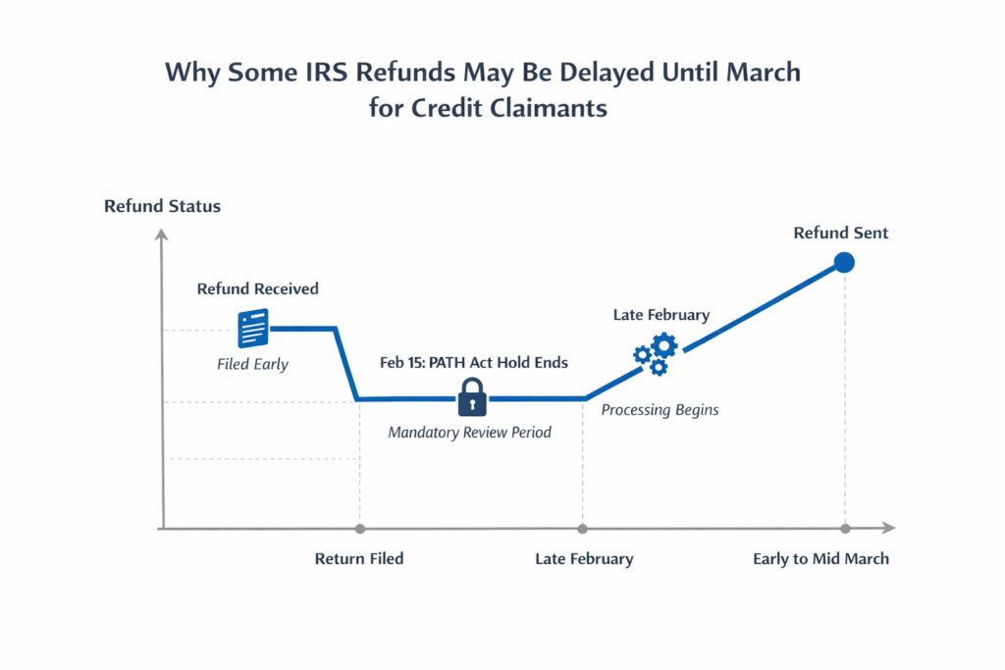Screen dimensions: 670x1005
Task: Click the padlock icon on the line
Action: coord(472,397)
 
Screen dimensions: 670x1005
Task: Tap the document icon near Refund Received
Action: coord(253,328)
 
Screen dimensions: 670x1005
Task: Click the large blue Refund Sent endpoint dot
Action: coord(843,262)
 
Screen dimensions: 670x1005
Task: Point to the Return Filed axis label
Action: coord(359,559)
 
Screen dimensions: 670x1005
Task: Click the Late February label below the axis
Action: coord(584,559)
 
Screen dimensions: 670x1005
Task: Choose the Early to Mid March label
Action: coord(820,559)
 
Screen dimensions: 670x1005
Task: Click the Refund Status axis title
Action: coord(162,206)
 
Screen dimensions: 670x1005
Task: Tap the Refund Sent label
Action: coord(841,233)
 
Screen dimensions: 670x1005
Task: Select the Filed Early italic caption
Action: coord(252,364)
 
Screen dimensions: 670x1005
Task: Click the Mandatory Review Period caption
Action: coord(470,432)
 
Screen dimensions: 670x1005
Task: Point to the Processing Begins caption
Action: coord(660,410)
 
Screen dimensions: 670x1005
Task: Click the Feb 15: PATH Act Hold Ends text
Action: coord(474,362)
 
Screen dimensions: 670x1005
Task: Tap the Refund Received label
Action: coord(257,288)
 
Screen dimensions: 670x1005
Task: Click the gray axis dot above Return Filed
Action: coord(359,529)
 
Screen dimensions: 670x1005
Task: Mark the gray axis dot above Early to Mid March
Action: coord(843,529)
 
